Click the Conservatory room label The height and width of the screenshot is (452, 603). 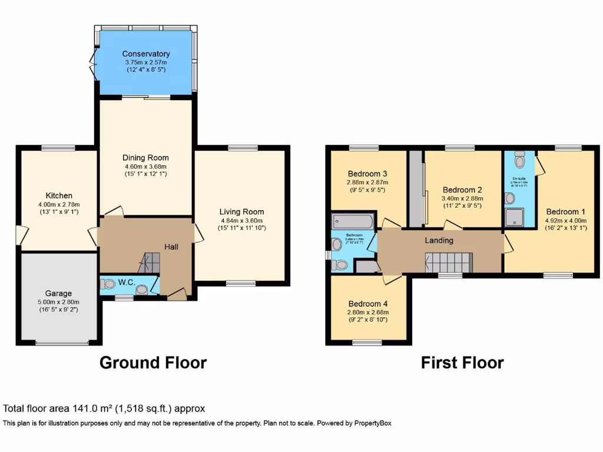(146, 54)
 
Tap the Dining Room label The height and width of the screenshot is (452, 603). (145, 158)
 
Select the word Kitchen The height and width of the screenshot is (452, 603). (59, 195)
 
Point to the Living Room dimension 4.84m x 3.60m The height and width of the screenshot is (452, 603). (241, 220)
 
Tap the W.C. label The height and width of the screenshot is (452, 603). (127, 282)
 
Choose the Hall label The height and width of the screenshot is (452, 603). (171, 247)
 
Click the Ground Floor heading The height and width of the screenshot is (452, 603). (153, 363)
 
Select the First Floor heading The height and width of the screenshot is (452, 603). (462, 363)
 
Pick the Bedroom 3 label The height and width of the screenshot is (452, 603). (367, 174)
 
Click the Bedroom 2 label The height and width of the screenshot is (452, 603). (462, 190)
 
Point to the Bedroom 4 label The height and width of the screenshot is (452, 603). (367, 304)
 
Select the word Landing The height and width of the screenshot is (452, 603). (439, 240)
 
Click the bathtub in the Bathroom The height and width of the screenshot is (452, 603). (352, 221)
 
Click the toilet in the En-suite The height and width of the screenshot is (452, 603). (519, 159)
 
